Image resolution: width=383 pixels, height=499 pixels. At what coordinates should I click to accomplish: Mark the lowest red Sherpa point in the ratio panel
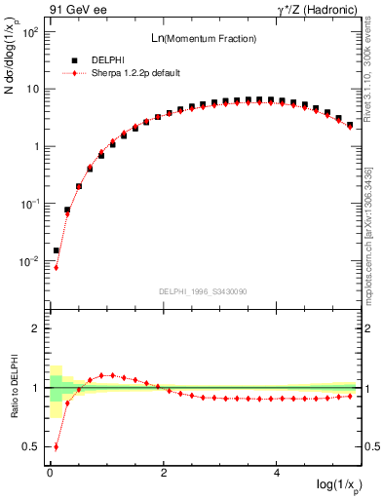click(x=56, y=447)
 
